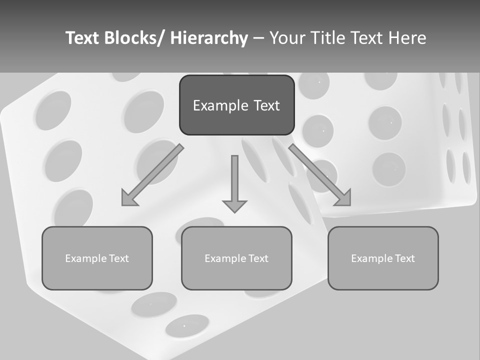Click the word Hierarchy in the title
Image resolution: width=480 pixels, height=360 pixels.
(x=209, y=38)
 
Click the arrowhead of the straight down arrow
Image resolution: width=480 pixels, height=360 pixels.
(x=234, y=205)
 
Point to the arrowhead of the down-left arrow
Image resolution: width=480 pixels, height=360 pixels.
(x=128, y=199)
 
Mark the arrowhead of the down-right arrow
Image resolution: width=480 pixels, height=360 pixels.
(x=344, y=198)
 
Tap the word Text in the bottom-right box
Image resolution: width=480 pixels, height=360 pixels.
(x=404, y=258)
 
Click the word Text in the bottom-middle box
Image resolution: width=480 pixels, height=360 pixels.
(x=258, y=258)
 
